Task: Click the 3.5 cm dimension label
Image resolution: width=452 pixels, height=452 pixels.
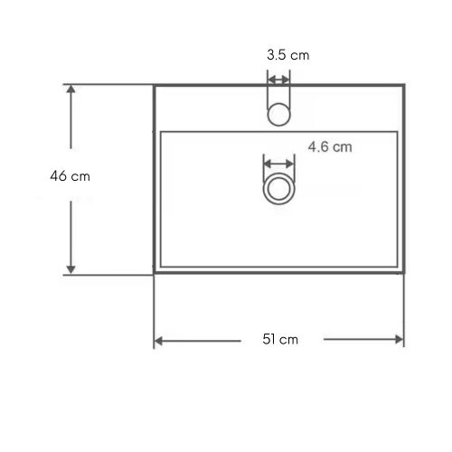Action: click(287, 55)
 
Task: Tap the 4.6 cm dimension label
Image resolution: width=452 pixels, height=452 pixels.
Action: click(329, 146)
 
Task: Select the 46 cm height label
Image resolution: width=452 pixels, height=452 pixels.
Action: click(70, 176)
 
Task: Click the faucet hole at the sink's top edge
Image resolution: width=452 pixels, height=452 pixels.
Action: click(278, 111)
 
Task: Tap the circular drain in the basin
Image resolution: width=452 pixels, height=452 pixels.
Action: click(278, 190)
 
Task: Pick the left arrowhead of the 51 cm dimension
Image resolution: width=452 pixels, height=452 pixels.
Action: click(159, 341)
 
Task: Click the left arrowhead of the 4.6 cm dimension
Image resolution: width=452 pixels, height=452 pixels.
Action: click(266, 164)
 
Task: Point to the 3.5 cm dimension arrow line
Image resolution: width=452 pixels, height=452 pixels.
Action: click(278, 78)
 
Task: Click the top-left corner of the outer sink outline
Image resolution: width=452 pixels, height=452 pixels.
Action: click(155, 86)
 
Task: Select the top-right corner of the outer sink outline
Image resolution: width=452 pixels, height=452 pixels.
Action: click(404, 86)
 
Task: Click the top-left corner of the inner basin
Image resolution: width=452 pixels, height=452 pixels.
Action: click(161, 132)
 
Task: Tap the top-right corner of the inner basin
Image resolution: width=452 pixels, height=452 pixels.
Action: click(399, 132)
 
